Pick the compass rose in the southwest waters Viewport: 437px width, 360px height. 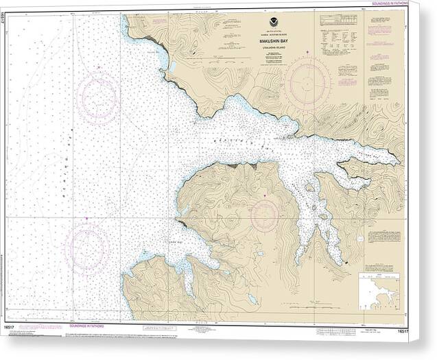(86, 248)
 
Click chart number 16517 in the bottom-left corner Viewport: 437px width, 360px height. (12, 330)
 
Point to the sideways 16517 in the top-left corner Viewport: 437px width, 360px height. (5, 23)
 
